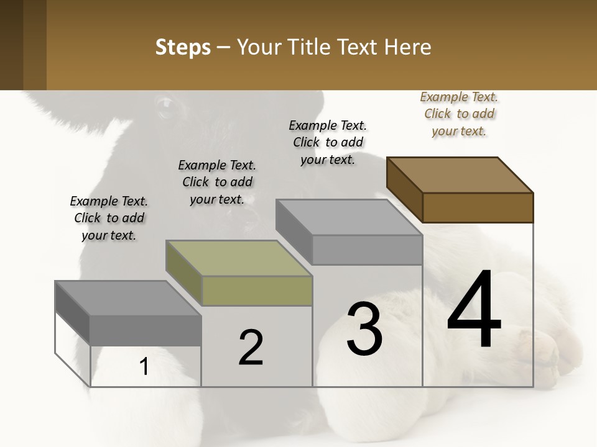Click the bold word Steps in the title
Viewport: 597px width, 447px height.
[x=183, y=47]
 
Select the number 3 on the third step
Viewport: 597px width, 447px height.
[x=364, y=329]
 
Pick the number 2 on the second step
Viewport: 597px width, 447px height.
[x=251, y=348]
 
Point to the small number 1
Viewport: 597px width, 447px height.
[x=144, y=367]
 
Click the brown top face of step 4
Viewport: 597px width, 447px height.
[x=460, y=174]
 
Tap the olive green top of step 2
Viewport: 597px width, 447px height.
[x=239, y=258]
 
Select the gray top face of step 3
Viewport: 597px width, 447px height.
[x=349, y=217]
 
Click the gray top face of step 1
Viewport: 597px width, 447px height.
[x=128, y=298]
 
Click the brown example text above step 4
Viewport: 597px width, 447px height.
[x=459, y=114]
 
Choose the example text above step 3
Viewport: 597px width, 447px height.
[x=328, y=142]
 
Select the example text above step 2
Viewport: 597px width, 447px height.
[x=217, y=182]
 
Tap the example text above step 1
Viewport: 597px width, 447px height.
[x=109, y=218]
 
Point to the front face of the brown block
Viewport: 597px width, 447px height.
[x=478, y=207]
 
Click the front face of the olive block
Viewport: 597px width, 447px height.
[x=257, y=291]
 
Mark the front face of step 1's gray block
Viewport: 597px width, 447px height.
[x=146, y=330]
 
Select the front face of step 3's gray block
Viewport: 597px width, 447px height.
[x=367, y=250]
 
